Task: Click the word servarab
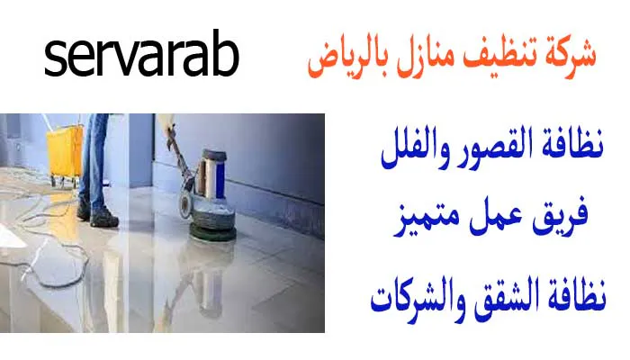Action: click(x=142, y=58)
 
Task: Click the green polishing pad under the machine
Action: click(x=211, y=233)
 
